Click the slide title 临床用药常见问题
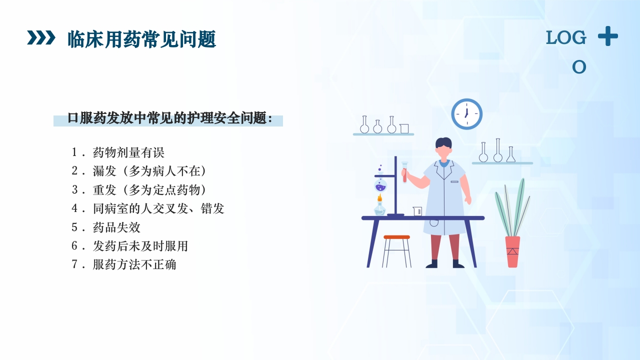(141, 39)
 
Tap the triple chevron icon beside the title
(41, 37)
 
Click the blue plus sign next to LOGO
(607, 36)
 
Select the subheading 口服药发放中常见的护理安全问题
(169, 118)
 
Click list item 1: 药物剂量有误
(128, 152)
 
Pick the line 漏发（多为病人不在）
(149, 171)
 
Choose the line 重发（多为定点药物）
(149, 190)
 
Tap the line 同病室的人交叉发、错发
(158, 208)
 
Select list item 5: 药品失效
(116, 227)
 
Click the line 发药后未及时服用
(140, 246)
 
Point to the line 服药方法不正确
(134, 264)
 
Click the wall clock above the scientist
(466, 114)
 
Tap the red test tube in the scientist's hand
(404, 172)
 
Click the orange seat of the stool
(396, 237)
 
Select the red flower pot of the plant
(512, 251)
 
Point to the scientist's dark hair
(443, 143)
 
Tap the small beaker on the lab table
(417, 211)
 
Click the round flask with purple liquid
(380, 186)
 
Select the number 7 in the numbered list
(74, 264)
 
